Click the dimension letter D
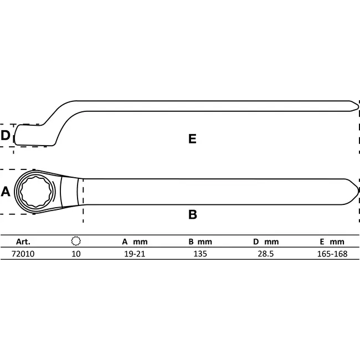pyautogui.click(x=6, y=135)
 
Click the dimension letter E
pyautogui.click(x=192, y=139)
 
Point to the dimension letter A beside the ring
pyautogui.click(x=6, y=192)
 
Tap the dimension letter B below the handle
pyautogui.click(x=193, y=215)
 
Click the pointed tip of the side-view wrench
pyautogui.click(x=356, y=105)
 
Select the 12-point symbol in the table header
pyautogui.click(x=76, y=241)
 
